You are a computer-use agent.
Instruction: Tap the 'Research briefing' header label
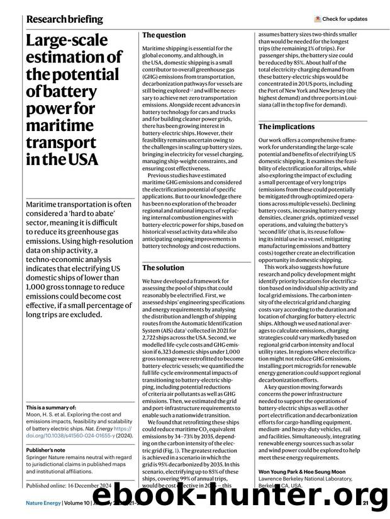pyautogui.click(x=65, y=20)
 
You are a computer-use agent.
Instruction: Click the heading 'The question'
pyautogui.click(x=164, y=35)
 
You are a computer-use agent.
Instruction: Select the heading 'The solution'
pyautogui.click(x=164, y=268)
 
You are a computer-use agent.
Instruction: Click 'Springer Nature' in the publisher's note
pyautogui.click(x=51, y=459)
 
